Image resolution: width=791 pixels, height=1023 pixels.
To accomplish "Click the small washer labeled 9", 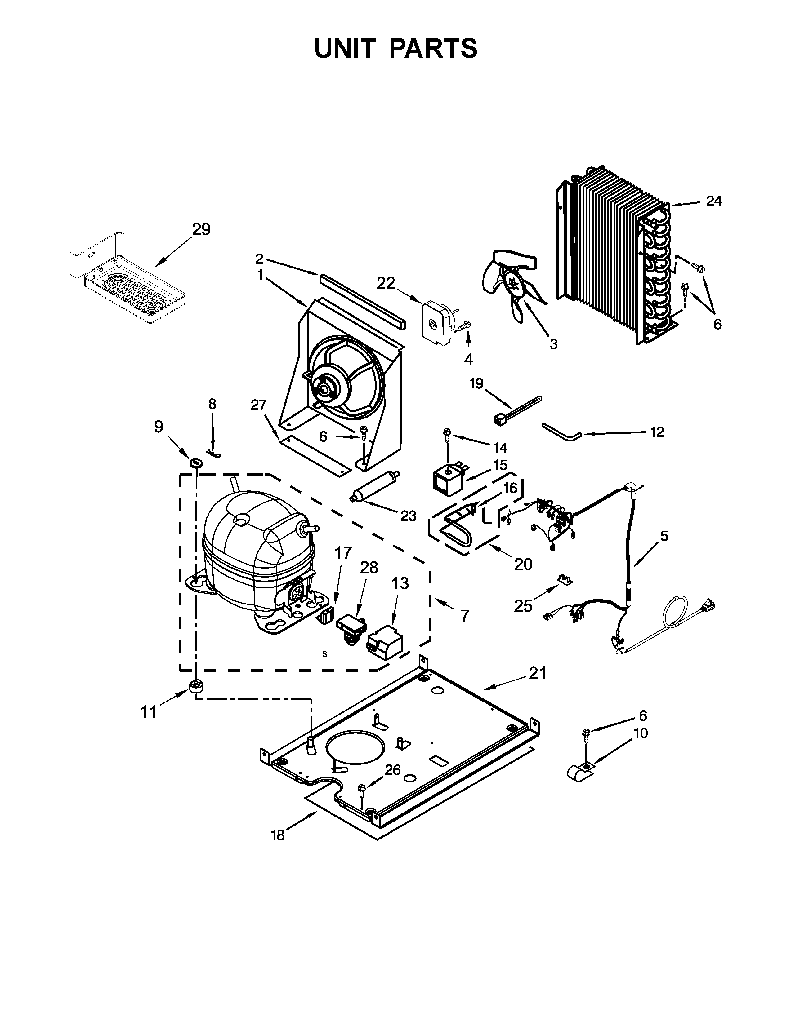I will (x=196, y=463).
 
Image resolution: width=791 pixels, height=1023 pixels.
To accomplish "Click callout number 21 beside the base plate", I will (x=538, y=674).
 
